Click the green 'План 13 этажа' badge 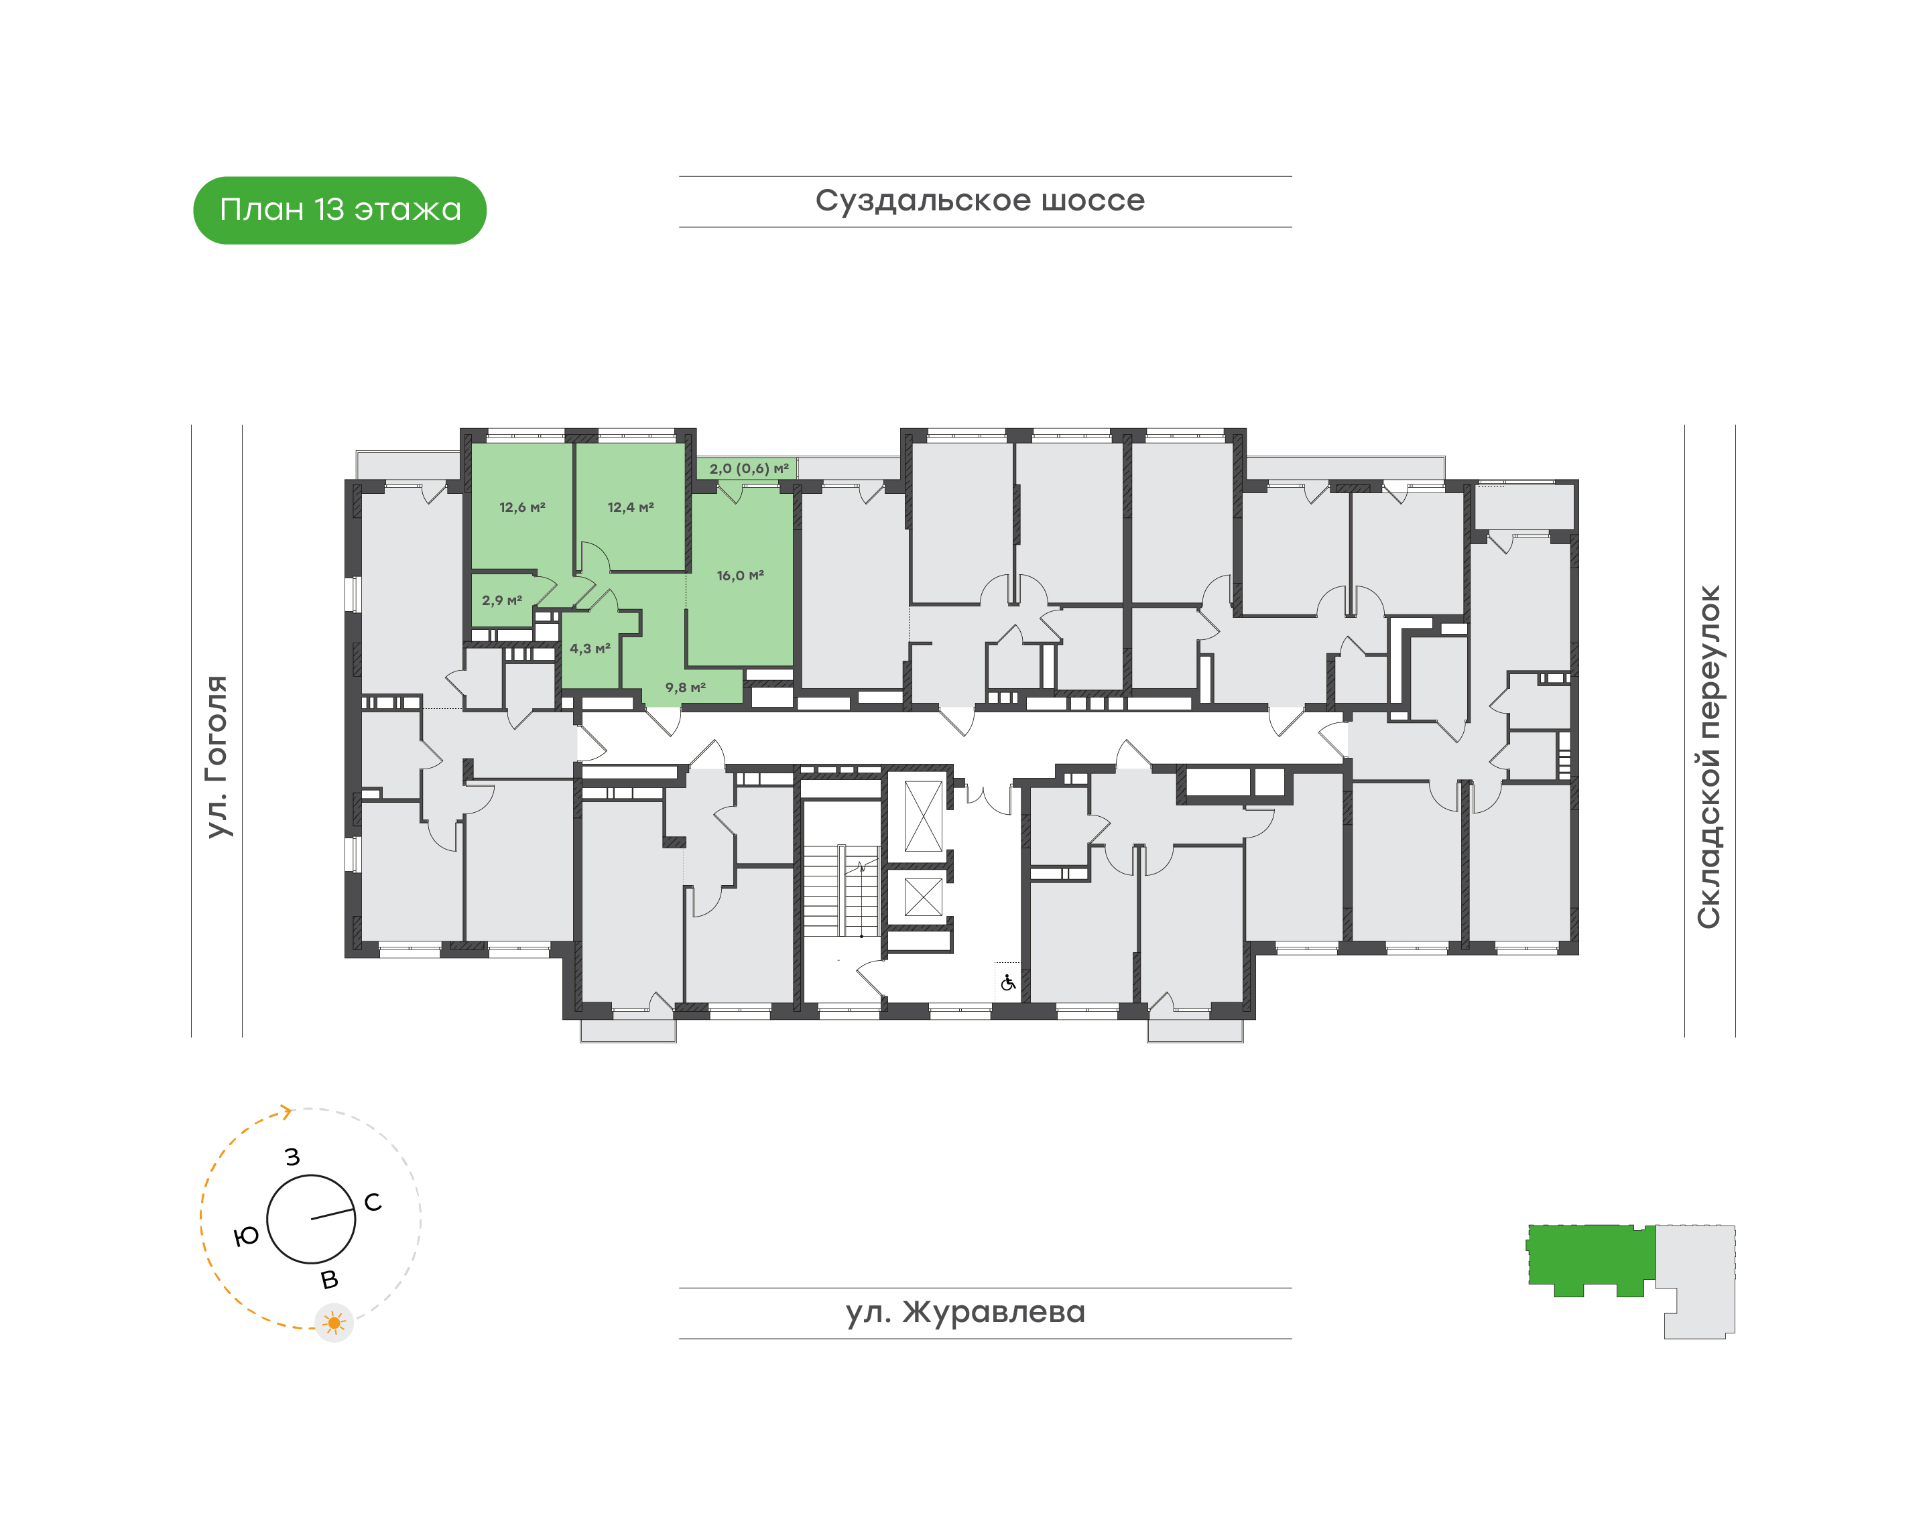pyautogui.click(x=340, y=210)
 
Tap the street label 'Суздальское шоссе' pyautogui.click(x=980, y=201)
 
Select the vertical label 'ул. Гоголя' pyautogui.click(x=216, y=756)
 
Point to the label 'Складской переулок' pyautogui.click(x=1708, y=756)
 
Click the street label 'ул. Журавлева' pyautogui.click(x=965, y=1312)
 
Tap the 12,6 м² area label pyautogui.click(x=523, y=507)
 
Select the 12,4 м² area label pyautogui.click(x=631, y=507)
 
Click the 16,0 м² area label pyautogui.click(x=740, y=576)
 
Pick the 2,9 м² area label pyautogui.click(x=502, y=600)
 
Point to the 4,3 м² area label pyautogui.click(x=590, y=649)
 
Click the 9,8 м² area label pyautogui.click(x=686, y=687)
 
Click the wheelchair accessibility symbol pyautogui.click(x=1008, y=983)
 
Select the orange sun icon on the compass pyautogui.click(x=334, y=1323)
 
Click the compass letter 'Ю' pyautogui.click(x=246, y=1236)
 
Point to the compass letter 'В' pyautogui.click(x=329, y=1280)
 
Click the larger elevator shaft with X pyautogui.click(x=923, y=816)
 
